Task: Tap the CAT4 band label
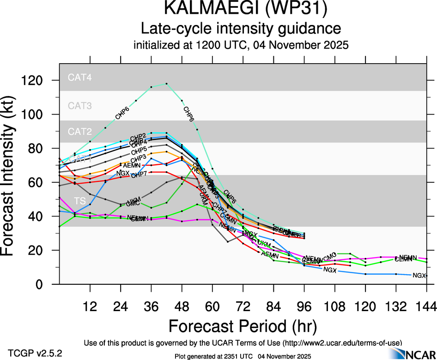coord(79,78)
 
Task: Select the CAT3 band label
coord(79,106)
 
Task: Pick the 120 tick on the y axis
coord(40,81)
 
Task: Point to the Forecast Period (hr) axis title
coord(243,326)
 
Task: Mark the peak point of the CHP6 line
coord(166,84)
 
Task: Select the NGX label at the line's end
coord(419,276)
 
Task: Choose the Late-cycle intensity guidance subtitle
coord(241,29)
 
